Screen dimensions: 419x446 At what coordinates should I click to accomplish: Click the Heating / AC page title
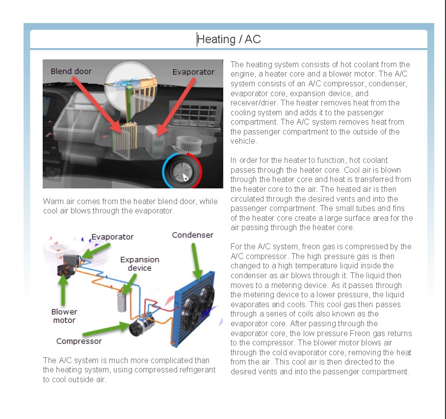[229, 39]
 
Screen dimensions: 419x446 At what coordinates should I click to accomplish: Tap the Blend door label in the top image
[71, 71]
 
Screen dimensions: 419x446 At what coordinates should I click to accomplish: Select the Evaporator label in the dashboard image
[193, 72]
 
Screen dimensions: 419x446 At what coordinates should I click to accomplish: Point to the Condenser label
[192, 235]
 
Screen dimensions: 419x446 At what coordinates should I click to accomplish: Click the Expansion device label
[140, 263]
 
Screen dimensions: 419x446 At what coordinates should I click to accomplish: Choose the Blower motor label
[64, 316]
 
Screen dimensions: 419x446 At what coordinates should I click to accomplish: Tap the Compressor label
[79, 341]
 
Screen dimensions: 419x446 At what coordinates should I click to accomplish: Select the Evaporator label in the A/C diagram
[112, 236]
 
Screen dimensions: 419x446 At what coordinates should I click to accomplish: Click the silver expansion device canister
[122, 300]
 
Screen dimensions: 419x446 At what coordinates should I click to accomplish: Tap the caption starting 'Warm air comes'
[130, 206]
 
